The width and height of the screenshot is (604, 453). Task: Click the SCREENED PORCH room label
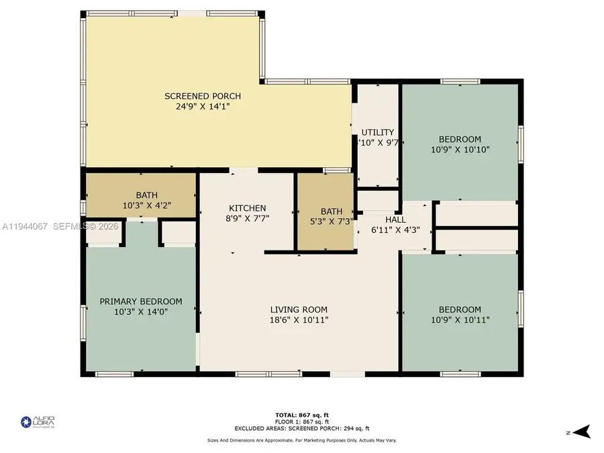click(203, 96)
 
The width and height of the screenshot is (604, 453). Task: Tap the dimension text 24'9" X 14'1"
click(203, 106)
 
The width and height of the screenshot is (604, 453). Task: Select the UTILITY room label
click(377, 132)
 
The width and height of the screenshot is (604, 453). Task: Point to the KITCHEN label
click(248, 208)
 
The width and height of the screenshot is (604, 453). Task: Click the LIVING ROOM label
click(299, 309)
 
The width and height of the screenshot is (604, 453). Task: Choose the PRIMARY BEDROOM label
click(141, 301)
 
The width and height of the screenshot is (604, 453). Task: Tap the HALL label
click(395, 219)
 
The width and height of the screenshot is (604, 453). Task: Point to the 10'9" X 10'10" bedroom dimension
click(460, 150)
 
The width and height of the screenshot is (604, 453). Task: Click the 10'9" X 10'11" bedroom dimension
click(460, 319)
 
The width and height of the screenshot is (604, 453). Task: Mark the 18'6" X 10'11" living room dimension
click(299, 319)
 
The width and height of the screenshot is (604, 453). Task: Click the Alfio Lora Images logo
click(38, 422)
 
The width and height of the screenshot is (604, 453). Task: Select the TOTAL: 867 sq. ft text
click(301, 415)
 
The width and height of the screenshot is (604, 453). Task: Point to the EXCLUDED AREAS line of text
click(301, 428)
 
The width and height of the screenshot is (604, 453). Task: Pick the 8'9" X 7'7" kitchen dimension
click(248, 218)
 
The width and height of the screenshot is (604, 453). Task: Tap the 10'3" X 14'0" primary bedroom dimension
click(141, 311)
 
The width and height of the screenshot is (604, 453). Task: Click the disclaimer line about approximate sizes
click(301, 440)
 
